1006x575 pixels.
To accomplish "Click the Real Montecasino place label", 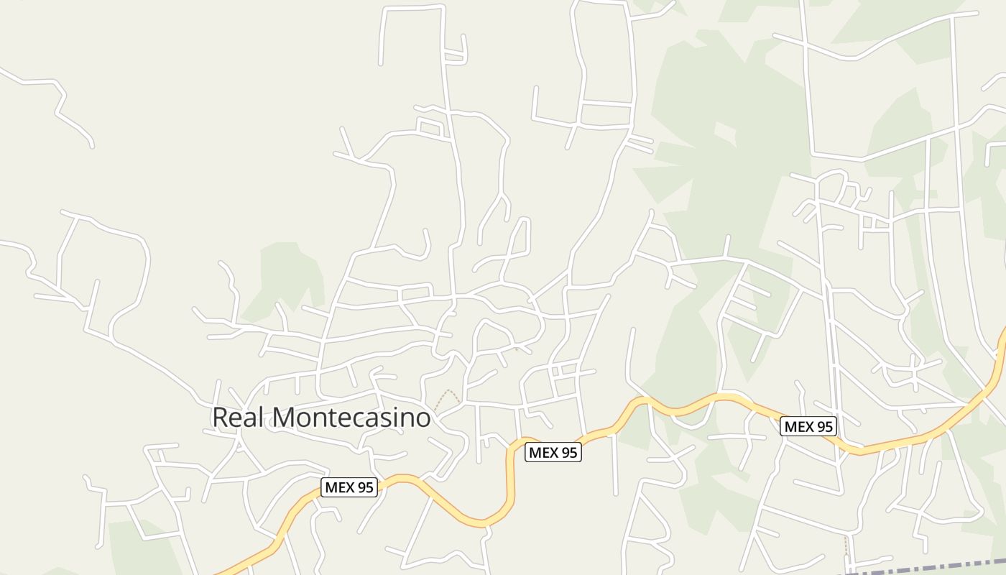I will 321,417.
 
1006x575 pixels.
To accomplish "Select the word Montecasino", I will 352,417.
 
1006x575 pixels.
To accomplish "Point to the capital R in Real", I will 220,417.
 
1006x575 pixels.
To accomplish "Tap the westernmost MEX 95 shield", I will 349,487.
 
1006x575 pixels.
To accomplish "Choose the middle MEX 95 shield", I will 553,452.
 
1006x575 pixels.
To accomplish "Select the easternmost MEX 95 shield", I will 808,426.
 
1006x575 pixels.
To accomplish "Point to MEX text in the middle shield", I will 543,452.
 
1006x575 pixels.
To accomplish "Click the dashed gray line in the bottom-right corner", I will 934,566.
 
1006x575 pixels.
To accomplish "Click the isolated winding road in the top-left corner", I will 54,101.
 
